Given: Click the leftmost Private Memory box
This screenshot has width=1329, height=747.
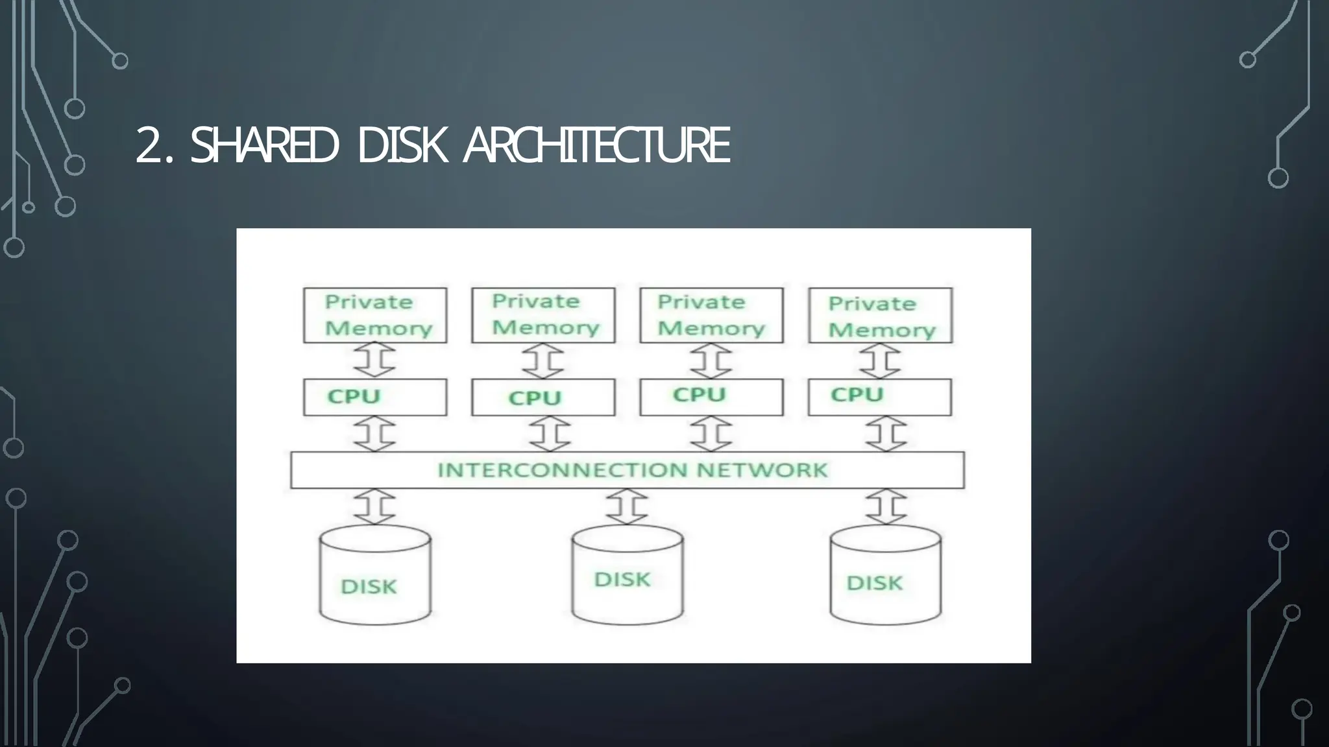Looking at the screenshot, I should coord(375,315).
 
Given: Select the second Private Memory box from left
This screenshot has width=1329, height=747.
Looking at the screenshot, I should coord(543,315).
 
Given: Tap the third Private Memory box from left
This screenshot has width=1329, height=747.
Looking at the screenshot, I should coord(711,315).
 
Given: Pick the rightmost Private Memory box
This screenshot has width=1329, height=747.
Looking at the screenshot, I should coord(880,316).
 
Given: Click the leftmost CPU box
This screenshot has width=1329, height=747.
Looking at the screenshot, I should coord(375,397).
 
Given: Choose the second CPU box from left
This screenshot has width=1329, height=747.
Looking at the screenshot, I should coord(543,397).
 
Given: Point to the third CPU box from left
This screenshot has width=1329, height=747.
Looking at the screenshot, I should coord(711,397).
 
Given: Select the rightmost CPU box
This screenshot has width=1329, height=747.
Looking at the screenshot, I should coord(880,397).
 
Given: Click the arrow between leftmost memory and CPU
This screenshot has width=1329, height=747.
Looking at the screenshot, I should coord(375,361).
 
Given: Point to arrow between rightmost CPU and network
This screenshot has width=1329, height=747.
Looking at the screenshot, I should coord(886,434).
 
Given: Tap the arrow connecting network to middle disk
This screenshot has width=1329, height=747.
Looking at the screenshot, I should coord(627,506).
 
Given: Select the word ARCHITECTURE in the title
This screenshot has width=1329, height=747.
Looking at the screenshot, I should coord(596,145).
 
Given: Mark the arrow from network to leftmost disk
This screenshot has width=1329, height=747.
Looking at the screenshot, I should coord(375,506).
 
